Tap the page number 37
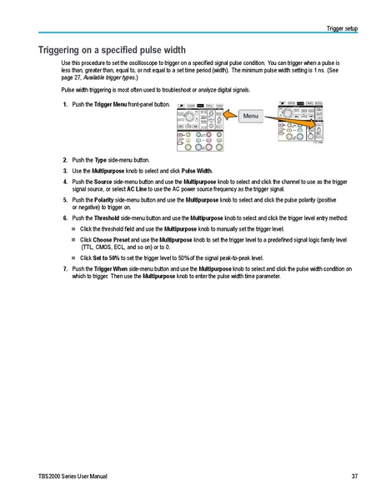point(354,476)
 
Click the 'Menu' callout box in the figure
point(252,114)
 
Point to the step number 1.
point(65,104)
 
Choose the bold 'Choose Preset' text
point(113,238)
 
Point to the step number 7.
point(65,269)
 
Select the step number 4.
point(65,181)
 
